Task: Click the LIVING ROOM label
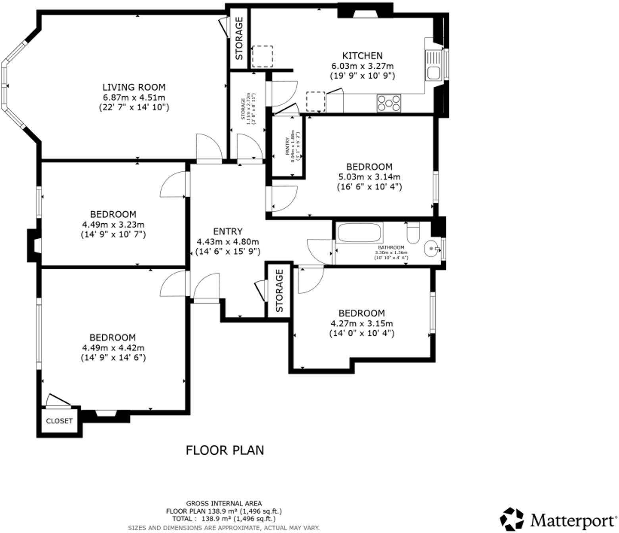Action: click(134, 87)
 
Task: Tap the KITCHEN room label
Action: click(362, 56)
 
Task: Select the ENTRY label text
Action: click(227, 231)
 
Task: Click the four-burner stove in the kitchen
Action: click(388, 103)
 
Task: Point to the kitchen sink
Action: click(433, 66)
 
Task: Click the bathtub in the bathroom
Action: click(359, 232)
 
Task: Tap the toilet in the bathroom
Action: click(413, 233)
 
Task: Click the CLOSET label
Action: click(59, 421)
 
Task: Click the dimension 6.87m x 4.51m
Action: click(134, 97)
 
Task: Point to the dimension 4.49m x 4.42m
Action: click(113, 348)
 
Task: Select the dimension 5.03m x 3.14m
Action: click(369, 177)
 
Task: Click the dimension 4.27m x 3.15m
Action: click(361, 323)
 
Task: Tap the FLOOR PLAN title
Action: click(225, 450)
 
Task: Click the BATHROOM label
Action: click(391, 247)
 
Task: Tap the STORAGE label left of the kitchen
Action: click(239, 39)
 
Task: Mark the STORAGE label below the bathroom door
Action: click(280, 291)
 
